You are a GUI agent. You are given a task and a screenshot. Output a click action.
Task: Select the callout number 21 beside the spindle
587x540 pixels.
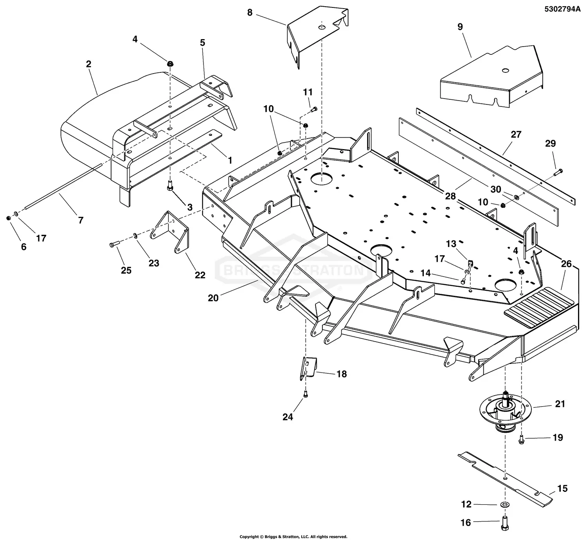point(560,403)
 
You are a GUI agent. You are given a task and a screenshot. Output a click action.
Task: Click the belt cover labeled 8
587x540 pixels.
point(317,35)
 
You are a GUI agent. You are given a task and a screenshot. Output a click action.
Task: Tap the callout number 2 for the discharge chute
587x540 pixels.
point(88,64)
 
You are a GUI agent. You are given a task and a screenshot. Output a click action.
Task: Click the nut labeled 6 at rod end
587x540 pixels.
point(9,218)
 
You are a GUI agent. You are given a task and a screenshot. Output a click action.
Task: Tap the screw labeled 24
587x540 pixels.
point(306,395)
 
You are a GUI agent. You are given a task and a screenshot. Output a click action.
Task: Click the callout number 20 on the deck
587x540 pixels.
point(213,298)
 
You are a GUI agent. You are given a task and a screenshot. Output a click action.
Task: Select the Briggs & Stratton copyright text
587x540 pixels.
point(293,536)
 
